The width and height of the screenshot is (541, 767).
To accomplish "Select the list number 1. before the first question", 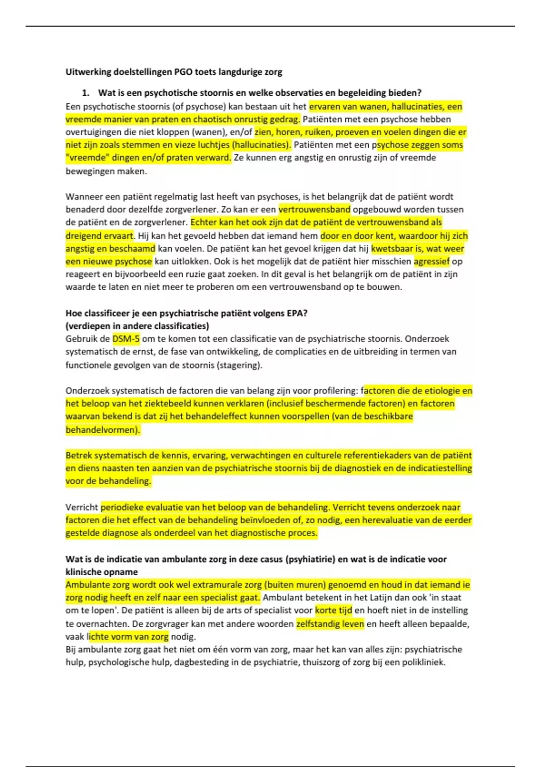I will tap(86, 93).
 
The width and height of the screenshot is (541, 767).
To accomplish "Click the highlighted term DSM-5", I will tap(126, 339).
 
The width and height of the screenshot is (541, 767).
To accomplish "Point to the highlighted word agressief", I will tap(431, 261).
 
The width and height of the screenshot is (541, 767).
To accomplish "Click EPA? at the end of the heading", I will tap(297, 313).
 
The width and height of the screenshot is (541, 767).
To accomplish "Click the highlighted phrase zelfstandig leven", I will tap(330, 624).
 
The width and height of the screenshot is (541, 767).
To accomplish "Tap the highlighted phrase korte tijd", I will tap(334, 610).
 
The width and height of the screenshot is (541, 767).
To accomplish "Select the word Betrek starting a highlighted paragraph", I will tap(78, 455).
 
